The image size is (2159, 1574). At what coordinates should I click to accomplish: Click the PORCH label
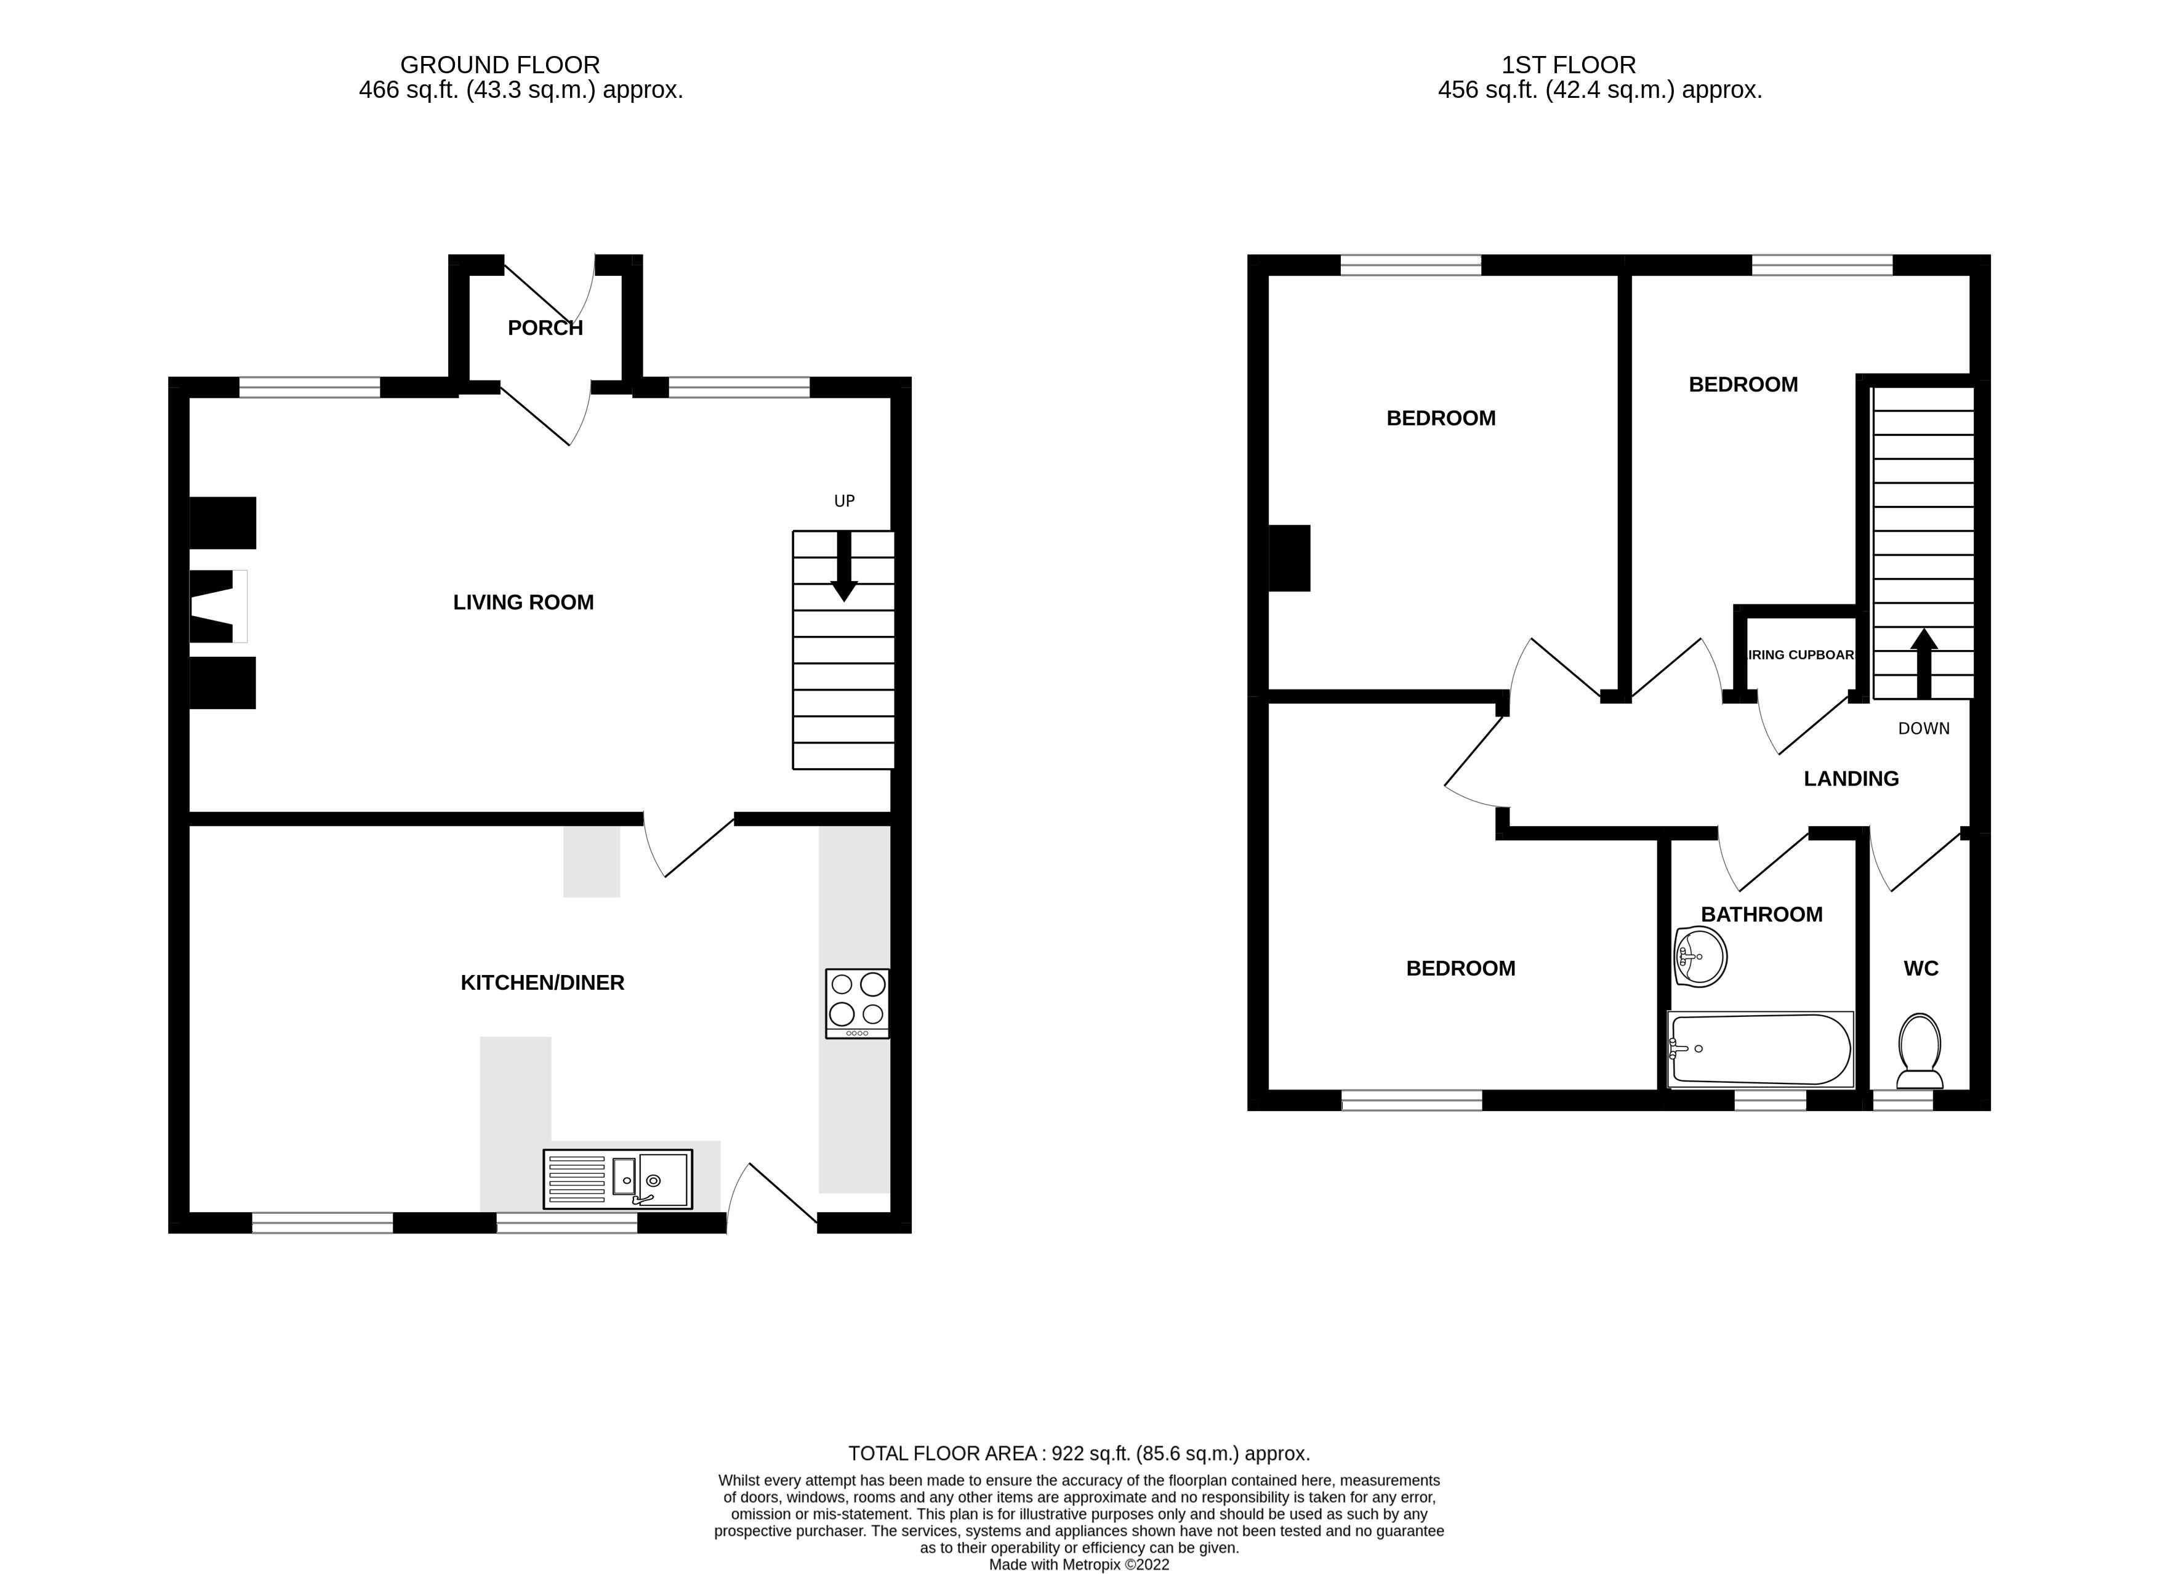[545, 327]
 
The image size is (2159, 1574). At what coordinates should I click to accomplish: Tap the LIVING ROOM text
[523, 602]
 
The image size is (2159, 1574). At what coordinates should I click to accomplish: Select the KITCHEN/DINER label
[542, 982]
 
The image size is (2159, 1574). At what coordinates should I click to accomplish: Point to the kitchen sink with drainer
[617, 1179]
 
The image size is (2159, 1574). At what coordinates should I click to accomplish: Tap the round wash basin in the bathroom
[1700, 957]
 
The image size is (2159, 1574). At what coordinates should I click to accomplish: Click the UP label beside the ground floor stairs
[844, 501]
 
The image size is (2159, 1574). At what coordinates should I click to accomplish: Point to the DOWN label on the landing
[1924, 729]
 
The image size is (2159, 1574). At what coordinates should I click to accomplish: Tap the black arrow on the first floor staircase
[1924, 663]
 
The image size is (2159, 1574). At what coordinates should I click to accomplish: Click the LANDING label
[1851, 779]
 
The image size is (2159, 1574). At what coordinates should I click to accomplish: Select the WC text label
[1921, 969]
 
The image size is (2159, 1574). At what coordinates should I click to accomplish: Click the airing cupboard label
[1801, 656]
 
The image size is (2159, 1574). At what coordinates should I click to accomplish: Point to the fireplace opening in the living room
[218, 606]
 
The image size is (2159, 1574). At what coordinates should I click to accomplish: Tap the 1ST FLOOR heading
[1568, 65]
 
